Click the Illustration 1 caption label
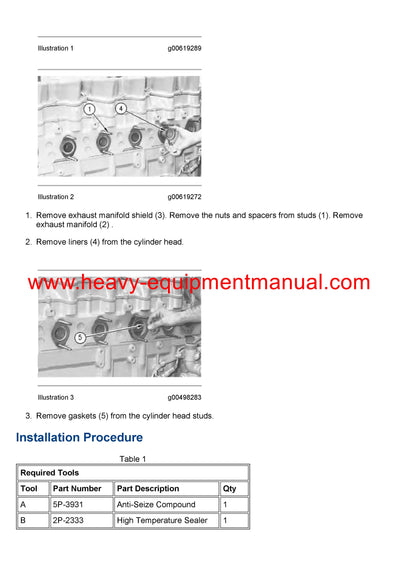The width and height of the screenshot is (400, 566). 55,48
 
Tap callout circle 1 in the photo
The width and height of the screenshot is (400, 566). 89,108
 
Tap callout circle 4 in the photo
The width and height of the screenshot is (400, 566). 121,107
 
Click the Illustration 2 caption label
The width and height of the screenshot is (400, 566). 55,197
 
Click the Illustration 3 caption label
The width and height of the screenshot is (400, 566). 55,397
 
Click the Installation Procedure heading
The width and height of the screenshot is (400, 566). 79,437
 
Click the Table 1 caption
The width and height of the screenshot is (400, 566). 133,459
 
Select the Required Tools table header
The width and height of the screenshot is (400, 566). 48,472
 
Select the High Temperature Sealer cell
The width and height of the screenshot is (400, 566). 162,520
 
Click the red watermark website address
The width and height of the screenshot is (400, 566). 199,283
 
